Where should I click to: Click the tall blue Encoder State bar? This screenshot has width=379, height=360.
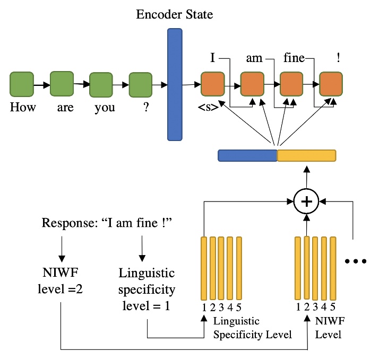175,84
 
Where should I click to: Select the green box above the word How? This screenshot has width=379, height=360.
22,85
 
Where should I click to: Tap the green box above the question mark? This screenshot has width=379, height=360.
141,85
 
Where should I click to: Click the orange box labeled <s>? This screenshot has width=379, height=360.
213,84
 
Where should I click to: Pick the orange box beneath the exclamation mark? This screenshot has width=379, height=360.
331,84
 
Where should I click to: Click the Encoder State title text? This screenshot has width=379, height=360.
174,14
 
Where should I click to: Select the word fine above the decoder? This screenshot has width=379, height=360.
294,58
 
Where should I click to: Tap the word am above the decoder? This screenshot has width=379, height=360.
254,58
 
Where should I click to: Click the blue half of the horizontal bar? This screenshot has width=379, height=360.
247,155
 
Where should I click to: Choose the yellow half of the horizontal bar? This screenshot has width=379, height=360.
307,155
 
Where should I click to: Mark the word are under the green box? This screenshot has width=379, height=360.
63,108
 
